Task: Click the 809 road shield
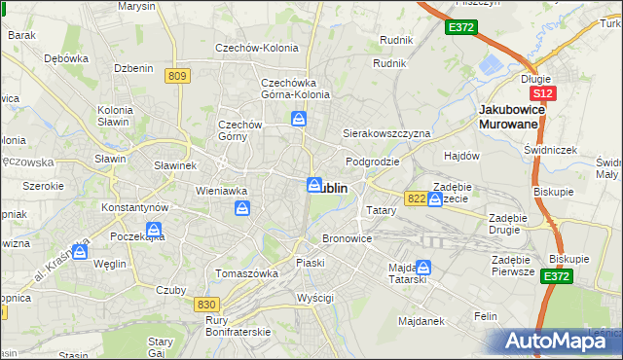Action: click(x=177, y=76)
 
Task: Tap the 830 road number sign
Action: click(x=205, y=305)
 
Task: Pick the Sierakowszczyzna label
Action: click(x=385, y=132)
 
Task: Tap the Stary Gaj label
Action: click(x=161, y=347)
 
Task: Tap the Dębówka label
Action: click(x=67, y=57)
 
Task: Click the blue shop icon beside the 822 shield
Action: click(x=435, y=199)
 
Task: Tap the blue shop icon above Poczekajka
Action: click(x=155, y=231)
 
